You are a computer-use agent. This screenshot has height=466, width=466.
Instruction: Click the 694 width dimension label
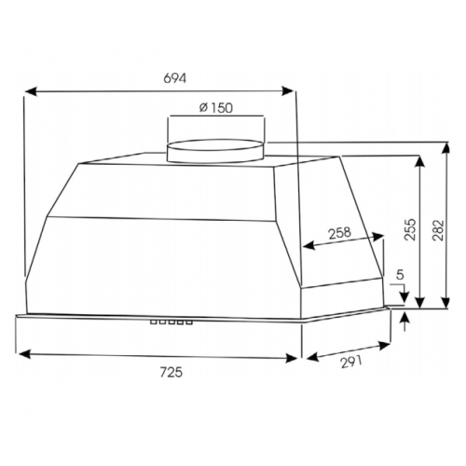tap(175, 78)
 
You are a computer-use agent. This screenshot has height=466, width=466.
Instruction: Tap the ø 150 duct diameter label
tap(216, 108)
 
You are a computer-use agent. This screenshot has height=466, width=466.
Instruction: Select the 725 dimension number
tap(171, 372)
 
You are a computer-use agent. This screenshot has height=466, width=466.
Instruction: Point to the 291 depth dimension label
tap(351, 362)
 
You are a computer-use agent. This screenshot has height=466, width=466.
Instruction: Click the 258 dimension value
tap(340, 233)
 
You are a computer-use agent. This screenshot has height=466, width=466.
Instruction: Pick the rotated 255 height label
tap(410, 229)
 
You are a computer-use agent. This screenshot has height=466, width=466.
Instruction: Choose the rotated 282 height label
tap(438, 230)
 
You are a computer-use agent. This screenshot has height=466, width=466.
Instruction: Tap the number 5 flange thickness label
tap(401, 275)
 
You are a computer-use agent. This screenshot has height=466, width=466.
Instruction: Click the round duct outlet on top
tap(216, 151)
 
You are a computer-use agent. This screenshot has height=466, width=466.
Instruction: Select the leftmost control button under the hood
tap(154, 322)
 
